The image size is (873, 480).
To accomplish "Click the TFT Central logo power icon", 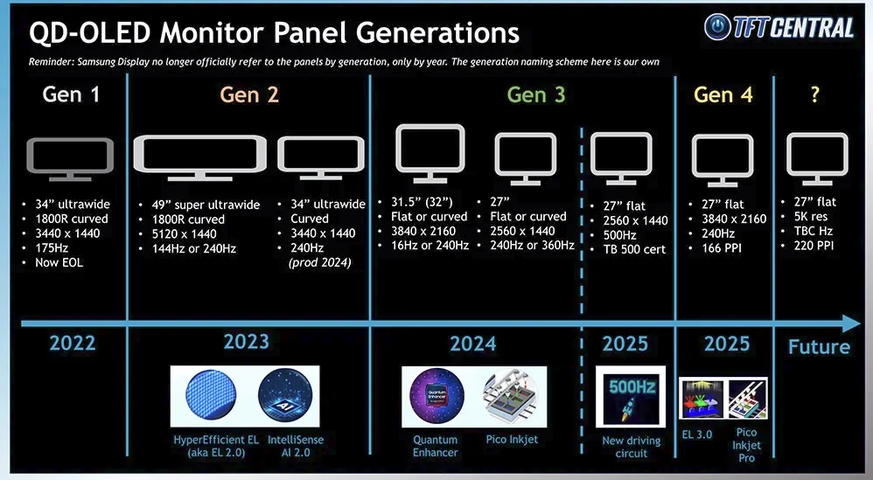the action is tap(717, 27).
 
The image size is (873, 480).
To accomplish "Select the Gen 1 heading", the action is tap(71, 94).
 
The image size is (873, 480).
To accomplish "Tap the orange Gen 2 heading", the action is tap(249, 94).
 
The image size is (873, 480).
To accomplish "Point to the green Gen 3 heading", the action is tap(535, 94).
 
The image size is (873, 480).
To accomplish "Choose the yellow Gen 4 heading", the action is tap(723, 94).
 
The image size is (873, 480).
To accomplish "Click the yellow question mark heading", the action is tap(815, 94).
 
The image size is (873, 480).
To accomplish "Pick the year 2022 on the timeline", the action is tap(73, 344).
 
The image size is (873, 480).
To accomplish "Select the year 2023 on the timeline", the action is tap(246, 342).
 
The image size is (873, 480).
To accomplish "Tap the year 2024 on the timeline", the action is tap(472, 344).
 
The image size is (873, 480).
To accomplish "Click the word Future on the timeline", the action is tap(819, 347).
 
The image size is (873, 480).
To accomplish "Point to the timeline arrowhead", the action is tap(852, 323).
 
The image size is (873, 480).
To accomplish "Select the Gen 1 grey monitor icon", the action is tap(70, 160).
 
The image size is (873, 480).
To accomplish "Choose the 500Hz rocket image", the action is tap(630, 397).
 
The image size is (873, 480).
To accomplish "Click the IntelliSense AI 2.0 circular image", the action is tap(285, 395).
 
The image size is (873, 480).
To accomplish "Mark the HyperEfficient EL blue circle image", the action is tap(211, 395).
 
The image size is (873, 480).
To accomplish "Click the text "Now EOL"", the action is tap(59, 262).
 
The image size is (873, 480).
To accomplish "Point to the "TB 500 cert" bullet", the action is tap(634, 249).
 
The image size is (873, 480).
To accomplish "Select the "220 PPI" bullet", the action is tap(814, 246).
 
